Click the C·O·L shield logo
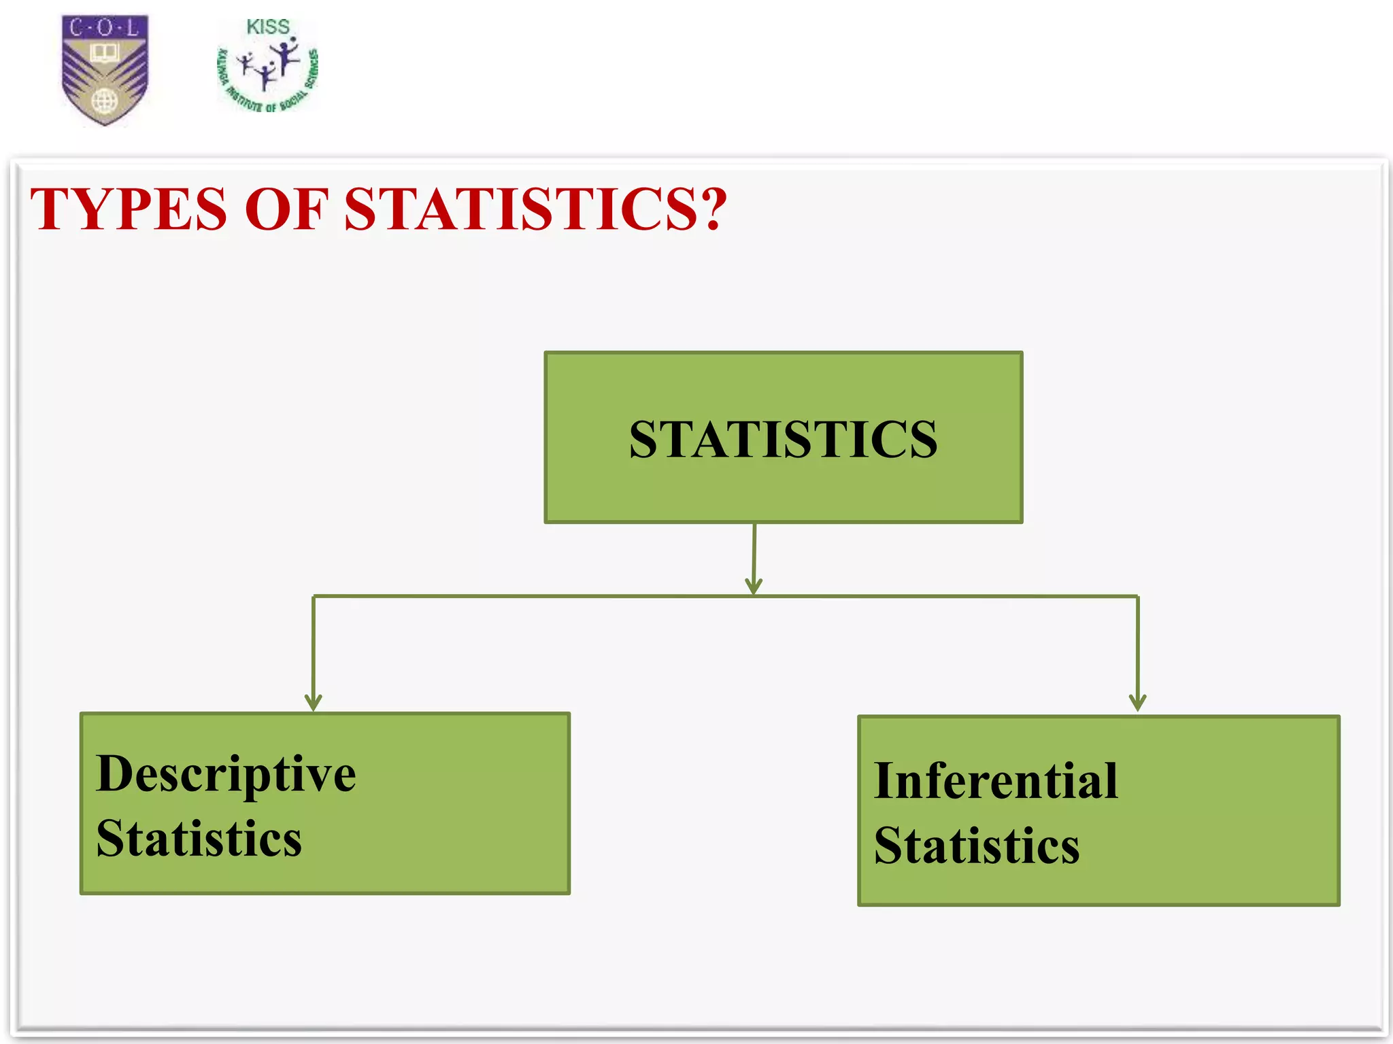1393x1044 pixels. (105, 69)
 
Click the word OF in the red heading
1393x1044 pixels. (286, 209)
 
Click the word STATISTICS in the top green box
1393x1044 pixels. (783, 440)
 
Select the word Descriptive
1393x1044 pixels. (226, 775)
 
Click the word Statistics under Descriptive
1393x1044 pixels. (199, 839)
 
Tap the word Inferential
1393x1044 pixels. (996, 781)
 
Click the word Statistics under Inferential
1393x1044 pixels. (977, 846)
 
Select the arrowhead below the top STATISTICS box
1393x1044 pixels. (753, 586)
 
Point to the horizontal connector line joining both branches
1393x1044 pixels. (544, 597)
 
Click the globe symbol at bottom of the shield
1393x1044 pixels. (105, 102)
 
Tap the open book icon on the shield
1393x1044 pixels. (105, 52)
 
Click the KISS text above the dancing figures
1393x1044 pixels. (267, 27)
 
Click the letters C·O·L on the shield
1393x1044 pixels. (105, 28)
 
